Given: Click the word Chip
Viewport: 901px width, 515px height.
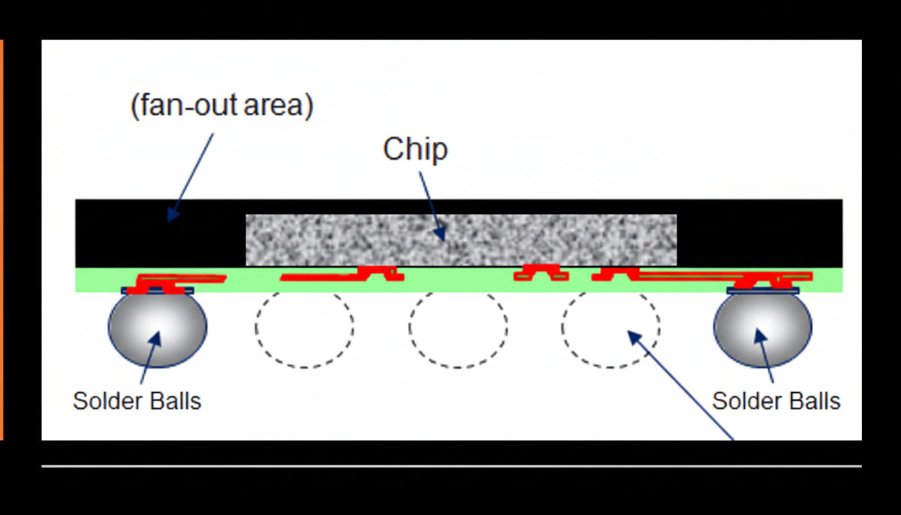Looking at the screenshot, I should tap(415, 149).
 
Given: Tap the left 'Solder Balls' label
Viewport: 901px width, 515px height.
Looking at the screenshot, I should tap(137, 401).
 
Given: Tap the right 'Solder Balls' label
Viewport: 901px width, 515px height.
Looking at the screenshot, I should tap(776, 401).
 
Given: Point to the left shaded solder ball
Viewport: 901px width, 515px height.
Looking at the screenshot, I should tap(158, 328).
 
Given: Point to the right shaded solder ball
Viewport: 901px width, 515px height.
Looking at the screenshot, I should tap(763, 328).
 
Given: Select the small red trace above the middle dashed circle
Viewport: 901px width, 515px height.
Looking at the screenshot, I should tap(541, 272).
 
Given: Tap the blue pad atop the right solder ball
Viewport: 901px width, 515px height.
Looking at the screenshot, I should tap(763, 291).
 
